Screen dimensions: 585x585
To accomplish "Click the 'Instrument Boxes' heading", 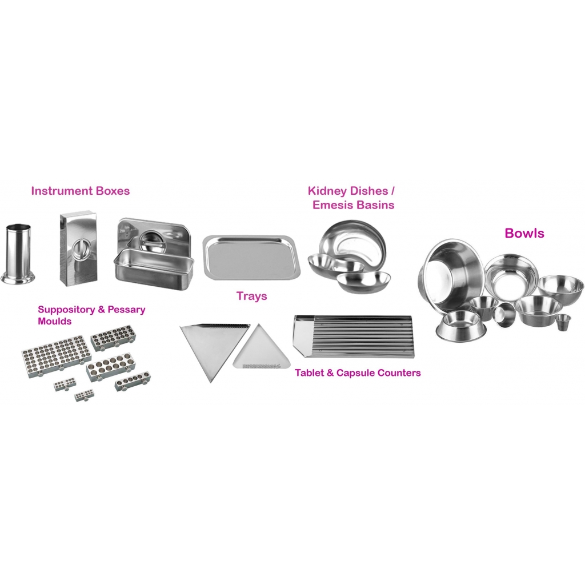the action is (80, 191).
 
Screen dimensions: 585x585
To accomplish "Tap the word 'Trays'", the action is (252, 296).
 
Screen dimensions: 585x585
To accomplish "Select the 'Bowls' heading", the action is (524, 233).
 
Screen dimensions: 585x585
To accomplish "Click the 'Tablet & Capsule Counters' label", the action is (358, 372).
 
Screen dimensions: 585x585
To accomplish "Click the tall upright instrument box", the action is (78, 248).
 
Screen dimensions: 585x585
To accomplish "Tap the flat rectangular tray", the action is (251, 258).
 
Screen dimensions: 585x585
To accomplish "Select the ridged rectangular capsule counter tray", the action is (353, 336).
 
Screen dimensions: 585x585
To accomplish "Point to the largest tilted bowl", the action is (450, 274).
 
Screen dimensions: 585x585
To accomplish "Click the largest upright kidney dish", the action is (349, 243).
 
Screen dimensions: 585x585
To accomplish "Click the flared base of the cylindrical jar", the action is (18, 278).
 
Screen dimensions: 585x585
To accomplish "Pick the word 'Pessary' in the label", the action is (126, 310).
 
